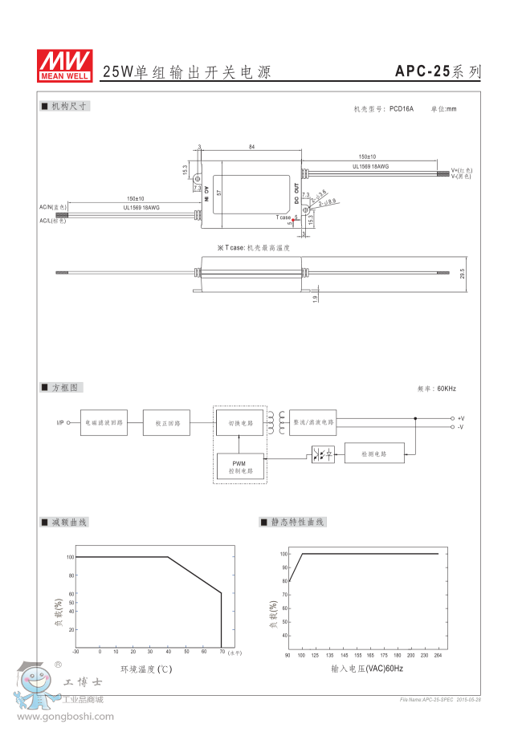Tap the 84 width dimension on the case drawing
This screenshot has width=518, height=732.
251,148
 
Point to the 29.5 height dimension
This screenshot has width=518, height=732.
462,274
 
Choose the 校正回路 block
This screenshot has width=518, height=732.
167,422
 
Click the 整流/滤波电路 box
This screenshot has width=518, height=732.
312,422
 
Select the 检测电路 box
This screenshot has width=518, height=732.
374,453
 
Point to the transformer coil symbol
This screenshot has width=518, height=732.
277,422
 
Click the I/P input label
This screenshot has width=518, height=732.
60,422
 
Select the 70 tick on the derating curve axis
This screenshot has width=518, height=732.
221,652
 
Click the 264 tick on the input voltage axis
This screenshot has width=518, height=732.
438,656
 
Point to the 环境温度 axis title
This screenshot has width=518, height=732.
147,669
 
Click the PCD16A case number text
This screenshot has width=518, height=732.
401,108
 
